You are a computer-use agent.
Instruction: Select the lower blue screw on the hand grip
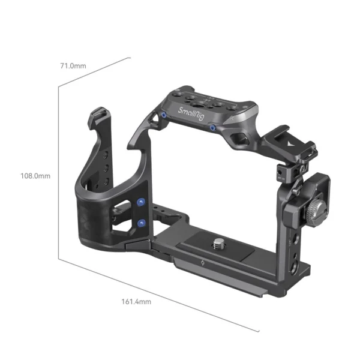point(142,223)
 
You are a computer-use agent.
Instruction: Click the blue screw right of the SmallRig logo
point(213,127)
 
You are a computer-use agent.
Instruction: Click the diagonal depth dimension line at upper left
point(94,71)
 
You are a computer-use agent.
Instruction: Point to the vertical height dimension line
point(58,174)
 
